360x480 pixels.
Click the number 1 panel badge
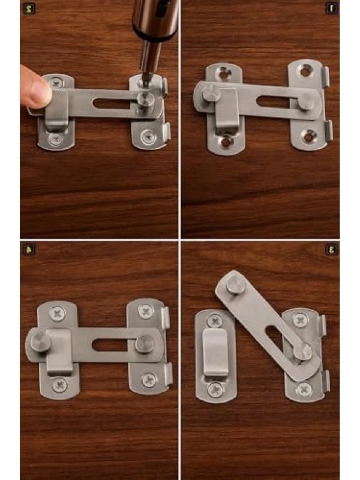point(332,9)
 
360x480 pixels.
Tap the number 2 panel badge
point(28,9)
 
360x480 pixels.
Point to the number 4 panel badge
point(28,249)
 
